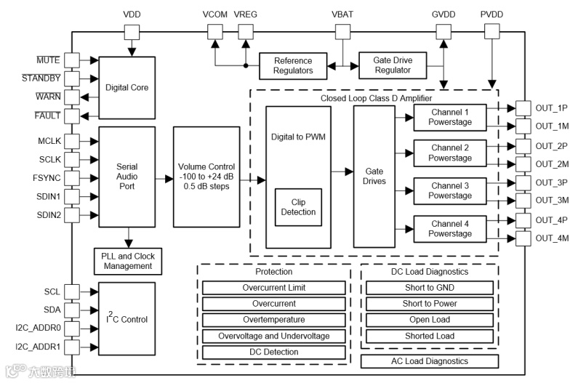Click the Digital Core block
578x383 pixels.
pyautogui.click(x=127, y=88)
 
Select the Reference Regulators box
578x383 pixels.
pyautogui.click(x=293, y=66)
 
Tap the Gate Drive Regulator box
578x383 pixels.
pyautogui.click(x=393, y=65)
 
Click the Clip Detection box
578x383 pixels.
pyautogui.click(x=298, y=207)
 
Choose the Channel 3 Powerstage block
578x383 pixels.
pyautogui.click(x=450, y=191)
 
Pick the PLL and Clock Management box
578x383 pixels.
pyautogui.click(x=128, y=262)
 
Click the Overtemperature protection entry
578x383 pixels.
pyautogui.click(x=274, y=320)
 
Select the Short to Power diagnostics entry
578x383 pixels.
pyautogui.click(x=430, y=304)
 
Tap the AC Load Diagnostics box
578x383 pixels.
pyautogui.click(x=430, y=361)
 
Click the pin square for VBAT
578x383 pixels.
pyautogui.click(x=343, y=32)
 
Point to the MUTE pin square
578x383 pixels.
pyautogui.click(x=72, y=60)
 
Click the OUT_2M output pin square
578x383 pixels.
pyautogui.click(x=523, y=164)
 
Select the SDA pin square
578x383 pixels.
pyautogui.click(x=72, y=310)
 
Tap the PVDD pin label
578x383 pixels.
pyautogui.click(x=491, y=15)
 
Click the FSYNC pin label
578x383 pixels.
pyautogui.click(x=47, y=178)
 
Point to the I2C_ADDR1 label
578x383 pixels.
pyautogui.click(x=38, y=347)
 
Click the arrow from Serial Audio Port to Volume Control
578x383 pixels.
pyautogui.click(x=164, y=180)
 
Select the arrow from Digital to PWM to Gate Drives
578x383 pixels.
pyautogui.click(x=342, y=172)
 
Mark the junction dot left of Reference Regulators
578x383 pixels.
pyautogui.click(x=246, y=66)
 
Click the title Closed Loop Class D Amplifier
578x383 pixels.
pyautogui.click(x=376, y=98)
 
